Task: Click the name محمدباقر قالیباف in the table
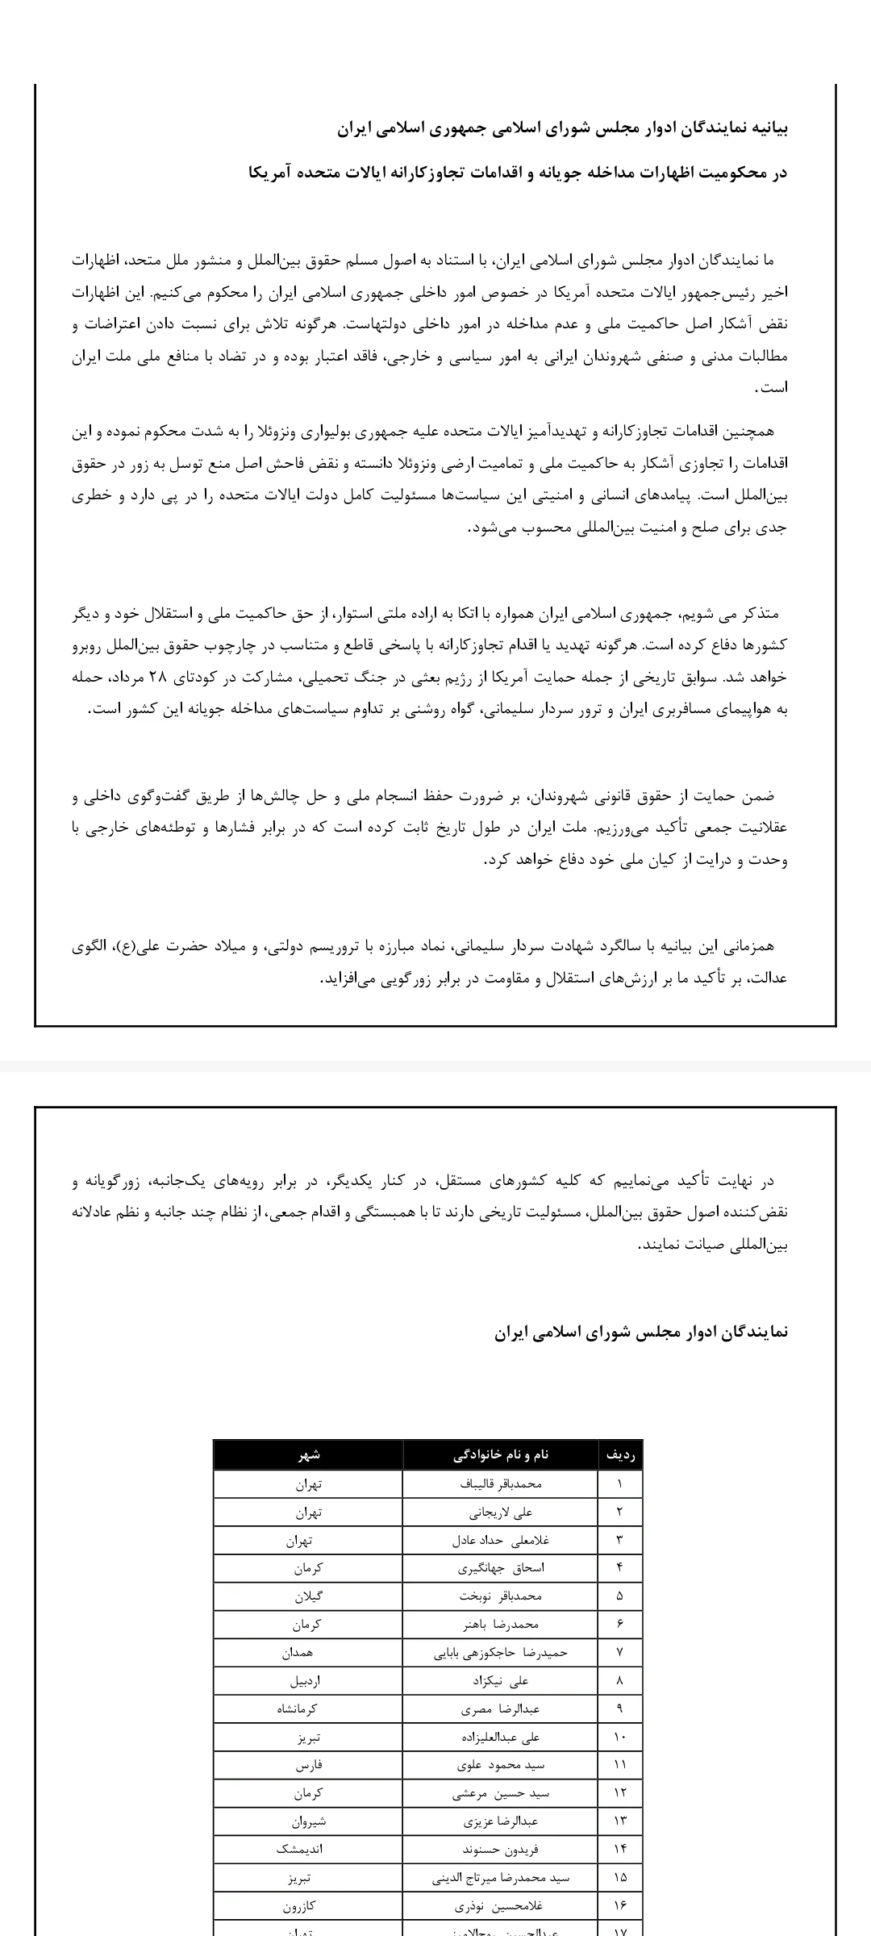pos(501,1483)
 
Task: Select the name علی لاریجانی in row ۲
pos(501,1512)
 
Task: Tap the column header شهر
pos(309,1454)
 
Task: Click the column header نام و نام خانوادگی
pos(501,1454)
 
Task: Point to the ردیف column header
pos(620,1454)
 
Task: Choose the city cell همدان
pos(298,1652)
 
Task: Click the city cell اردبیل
pos(306,1680)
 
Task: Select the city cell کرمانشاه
pos(298,1709)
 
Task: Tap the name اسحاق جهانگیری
pos(501,1567)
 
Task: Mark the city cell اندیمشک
pos(299,1849)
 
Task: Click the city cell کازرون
pos(299,1905)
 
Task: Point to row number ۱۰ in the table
pos(620,1737)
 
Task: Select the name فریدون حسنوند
pos(501,1849)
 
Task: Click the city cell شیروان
pos(309,1821)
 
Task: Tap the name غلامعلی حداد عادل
pos(501,1540)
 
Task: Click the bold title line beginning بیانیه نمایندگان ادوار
pos(563,128)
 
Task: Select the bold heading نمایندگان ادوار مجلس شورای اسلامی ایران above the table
pos(641,1332)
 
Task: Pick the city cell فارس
pos(309,1765)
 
